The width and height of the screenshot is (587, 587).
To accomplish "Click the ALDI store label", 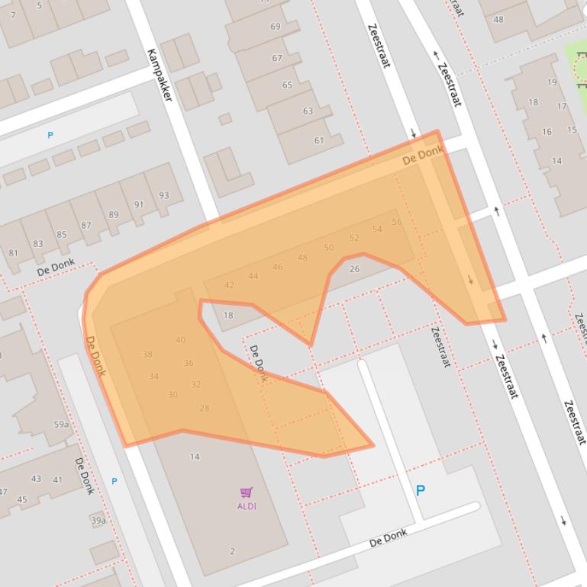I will tap(247, 506).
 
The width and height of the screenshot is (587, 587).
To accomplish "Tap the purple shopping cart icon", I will tap(246, 492).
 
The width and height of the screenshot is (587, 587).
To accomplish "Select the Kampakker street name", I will tap(160, 74).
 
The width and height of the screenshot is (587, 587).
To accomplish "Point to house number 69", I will tap(275, 27).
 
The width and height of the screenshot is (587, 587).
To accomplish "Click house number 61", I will tap(318, 140).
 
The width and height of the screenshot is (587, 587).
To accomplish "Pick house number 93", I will tap(163, 195).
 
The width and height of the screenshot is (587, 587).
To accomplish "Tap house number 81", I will tap(14, 253).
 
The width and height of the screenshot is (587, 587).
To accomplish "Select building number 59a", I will tap(61, 425).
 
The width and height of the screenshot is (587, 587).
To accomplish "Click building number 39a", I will tap(98, 521).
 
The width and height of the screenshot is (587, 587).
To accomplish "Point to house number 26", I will tap(354, 269).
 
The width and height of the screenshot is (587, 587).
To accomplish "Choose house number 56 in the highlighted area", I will tap(396, 222).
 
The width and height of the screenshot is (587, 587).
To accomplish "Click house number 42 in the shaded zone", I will tap(229, 285).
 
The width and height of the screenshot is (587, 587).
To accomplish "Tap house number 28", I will tap(204, 408).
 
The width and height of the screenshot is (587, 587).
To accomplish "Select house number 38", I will tap(147, 354).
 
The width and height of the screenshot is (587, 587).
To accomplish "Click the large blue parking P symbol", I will tap(420, 491).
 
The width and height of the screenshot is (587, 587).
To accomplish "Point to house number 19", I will tap(551, 82).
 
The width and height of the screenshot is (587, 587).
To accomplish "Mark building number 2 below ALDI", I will tap(232, 550).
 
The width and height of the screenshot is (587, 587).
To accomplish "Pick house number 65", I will tap(287, 85).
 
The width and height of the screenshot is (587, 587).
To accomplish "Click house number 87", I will tap(85, 226).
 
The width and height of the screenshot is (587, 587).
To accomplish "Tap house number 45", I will tap(21, 500).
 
